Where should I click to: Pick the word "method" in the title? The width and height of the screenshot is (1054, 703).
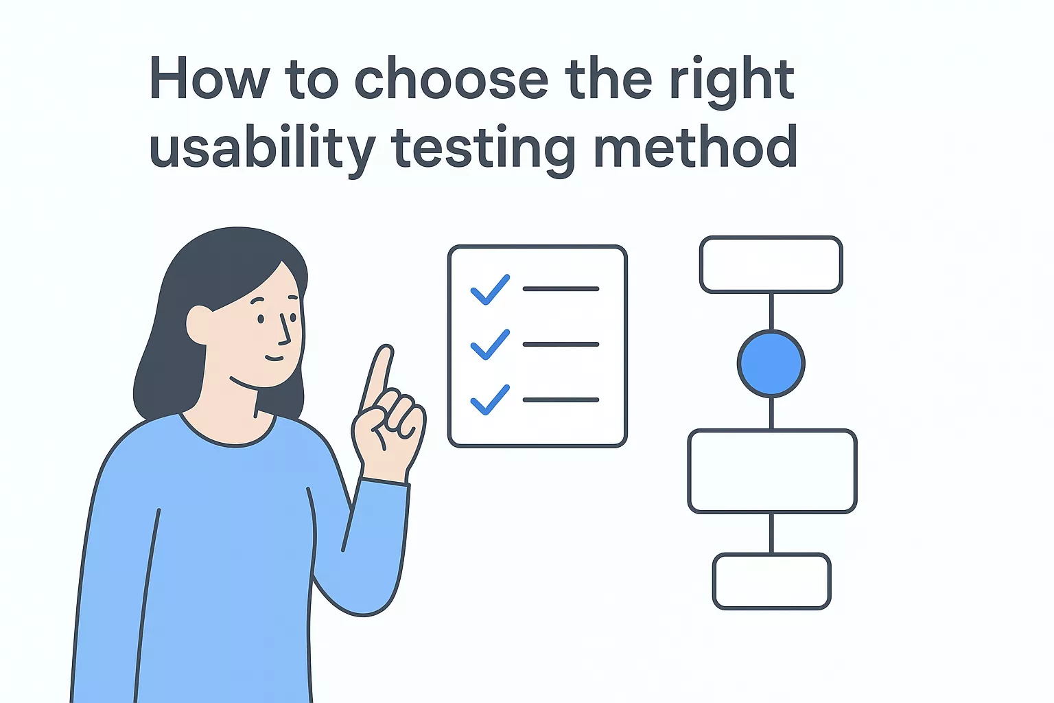(695, 148)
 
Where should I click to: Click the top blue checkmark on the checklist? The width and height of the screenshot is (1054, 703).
(489, 290)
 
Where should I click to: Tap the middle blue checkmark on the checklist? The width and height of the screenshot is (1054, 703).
(489, 345)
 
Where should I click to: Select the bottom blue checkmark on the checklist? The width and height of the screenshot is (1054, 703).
(489, 400)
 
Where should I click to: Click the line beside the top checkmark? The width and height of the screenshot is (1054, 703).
(561, 289)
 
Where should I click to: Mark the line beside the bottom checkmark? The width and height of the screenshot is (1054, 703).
(561, 400)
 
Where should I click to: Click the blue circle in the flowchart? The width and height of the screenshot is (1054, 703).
(771, 364)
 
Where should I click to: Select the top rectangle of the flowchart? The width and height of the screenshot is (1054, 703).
(771, 265)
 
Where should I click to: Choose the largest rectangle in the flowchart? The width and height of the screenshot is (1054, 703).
(772, 472)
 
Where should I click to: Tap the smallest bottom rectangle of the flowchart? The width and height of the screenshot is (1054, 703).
(772, 581)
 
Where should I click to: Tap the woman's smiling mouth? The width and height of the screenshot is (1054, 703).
(274, 358)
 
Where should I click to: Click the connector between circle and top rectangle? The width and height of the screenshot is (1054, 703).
(771, 312)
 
